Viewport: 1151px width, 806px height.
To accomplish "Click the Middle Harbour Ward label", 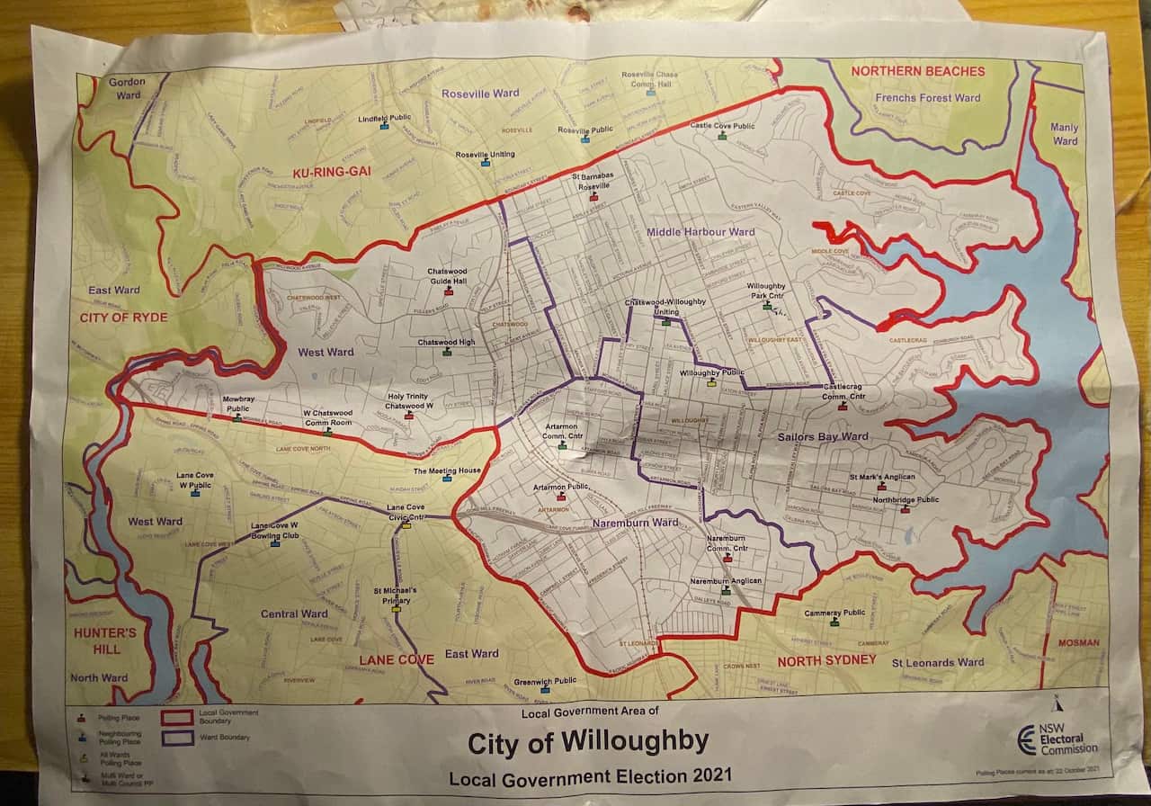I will tap(700, 232).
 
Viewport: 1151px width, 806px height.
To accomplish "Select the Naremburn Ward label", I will tap(635, 523).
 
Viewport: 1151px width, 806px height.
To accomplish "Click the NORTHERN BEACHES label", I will tap(917, 71).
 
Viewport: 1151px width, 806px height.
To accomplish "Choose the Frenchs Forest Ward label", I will tap(927, 97).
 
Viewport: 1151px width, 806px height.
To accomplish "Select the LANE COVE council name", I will tap(397, 659).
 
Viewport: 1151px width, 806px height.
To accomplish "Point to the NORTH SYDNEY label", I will tap(826, 660).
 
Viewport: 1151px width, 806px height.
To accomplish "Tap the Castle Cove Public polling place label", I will tap(722, 126).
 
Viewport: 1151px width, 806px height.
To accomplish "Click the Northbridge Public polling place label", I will tap(906, 499).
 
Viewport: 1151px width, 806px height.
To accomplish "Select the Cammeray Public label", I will tap(834, 612).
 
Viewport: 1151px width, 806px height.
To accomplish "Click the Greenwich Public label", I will tap(546, 681).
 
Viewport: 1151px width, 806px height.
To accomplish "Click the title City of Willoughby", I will tap(588, 743).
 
